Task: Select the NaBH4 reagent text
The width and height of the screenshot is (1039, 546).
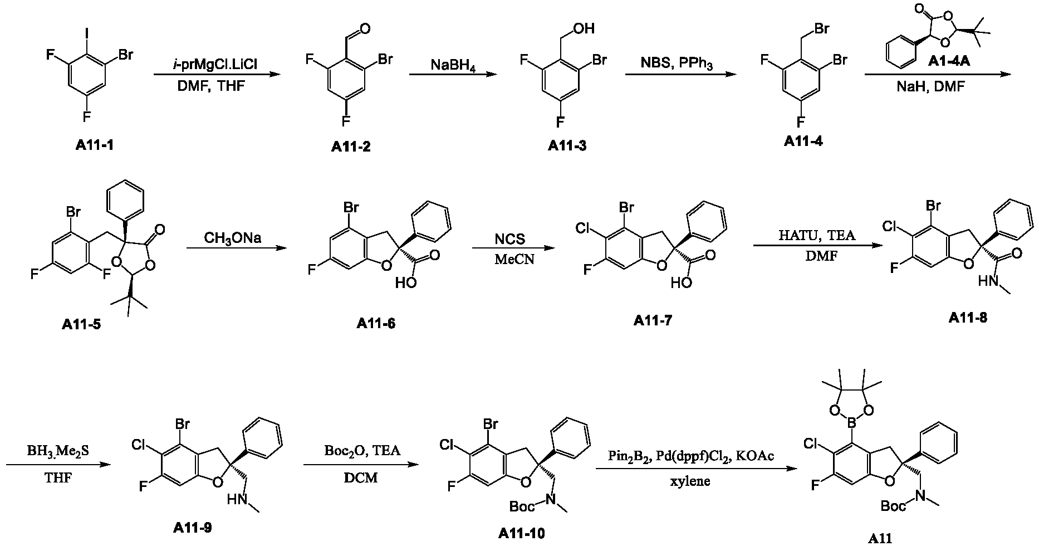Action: pos(452,65)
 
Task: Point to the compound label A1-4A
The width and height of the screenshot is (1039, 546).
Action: pos(949,61)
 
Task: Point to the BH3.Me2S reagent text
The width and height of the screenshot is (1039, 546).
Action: pos(55,451)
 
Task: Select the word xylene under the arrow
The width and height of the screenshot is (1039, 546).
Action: pos(690,481)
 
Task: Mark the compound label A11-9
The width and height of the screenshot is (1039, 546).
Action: pos(193,527)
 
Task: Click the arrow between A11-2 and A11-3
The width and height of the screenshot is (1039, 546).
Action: pos(452,74)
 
